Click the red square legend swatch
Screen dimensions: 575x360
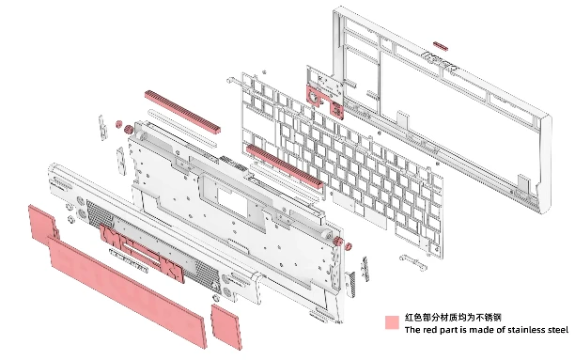coord(392,322)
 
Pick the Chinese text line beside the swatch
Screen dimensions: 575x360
coord(453,317)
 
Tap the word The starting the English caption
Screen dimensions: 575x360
coord(412,330)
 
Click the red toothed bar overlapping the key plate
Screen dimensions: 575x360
coord(284,165)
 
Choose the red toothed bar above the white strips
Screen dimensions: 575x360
coord(182,111)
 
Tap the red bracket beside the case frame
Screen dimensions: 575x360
coord(325,101)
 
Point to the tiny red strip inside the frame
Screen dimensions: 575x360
coord(441,46)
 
